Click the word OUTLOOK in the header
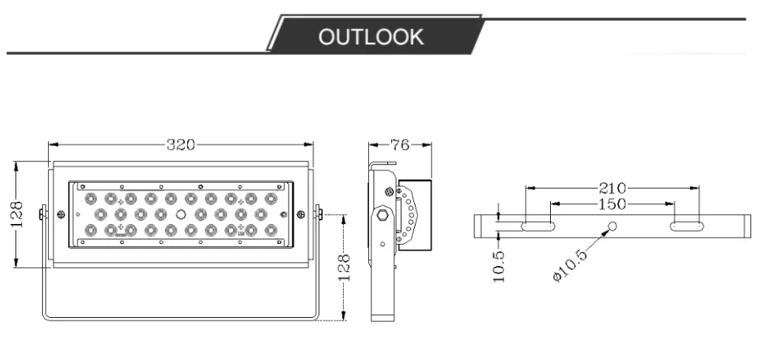(371, 37)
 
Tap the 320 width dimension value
(181, 144)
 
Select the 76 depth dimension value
(400, 144)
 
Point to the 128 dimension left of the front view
(17, 214)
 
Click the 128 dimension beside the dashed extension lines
(344, 267)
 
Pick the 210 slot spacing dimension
(612, 188)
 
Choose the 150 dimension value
(612, 204)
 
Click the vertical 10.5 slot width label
(499, 267)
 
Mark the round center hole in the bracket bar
(613, 225)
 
